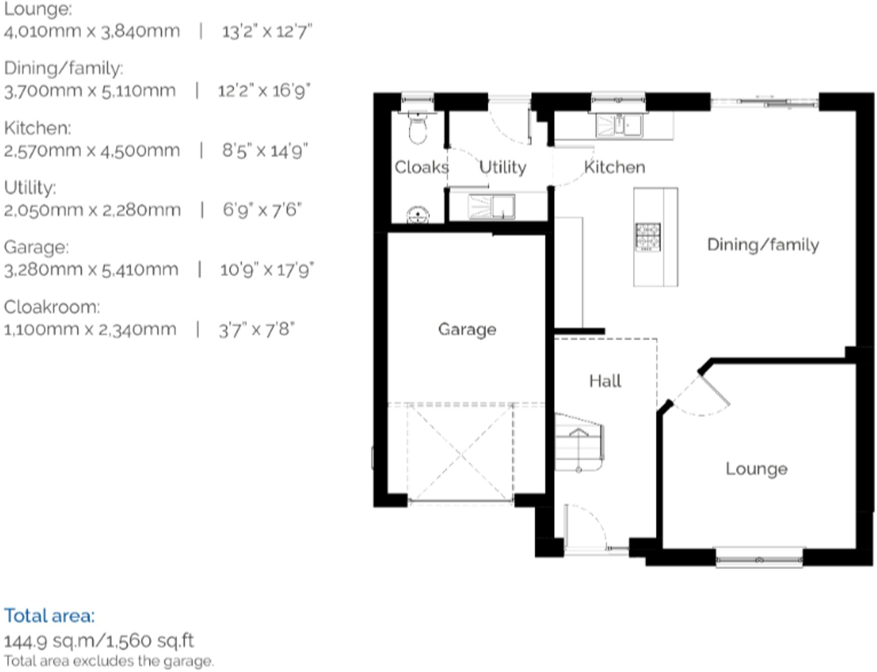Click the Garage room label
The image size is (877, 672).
pos(467,329)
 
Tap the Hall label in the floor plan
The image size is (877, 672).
pos(605,381)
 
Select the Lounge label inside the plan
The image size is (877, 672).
pos(756,469)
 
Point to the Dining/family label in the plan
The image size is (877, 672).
pos(763,245)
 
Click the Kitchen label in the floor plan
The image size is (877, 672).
pos(615,167)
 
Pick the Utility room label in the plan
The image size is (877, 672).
pos(502,167)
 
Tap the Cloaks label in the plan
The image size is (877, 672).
pos(421,167)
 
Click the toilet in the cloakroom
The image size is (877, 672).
pos(417,128)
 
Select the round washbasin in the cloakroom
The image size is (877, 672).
pos(417,215)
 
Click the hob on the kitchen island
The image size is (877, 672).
pos(648,237)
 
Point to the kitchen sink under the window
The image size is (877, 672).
pos(619,125)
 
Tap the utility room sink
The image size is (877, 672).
pos(491,207)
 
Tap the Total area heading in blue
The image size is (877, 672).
pos(49,616)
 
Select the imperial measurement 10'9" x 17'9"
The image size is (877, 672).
pos(267,270)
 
